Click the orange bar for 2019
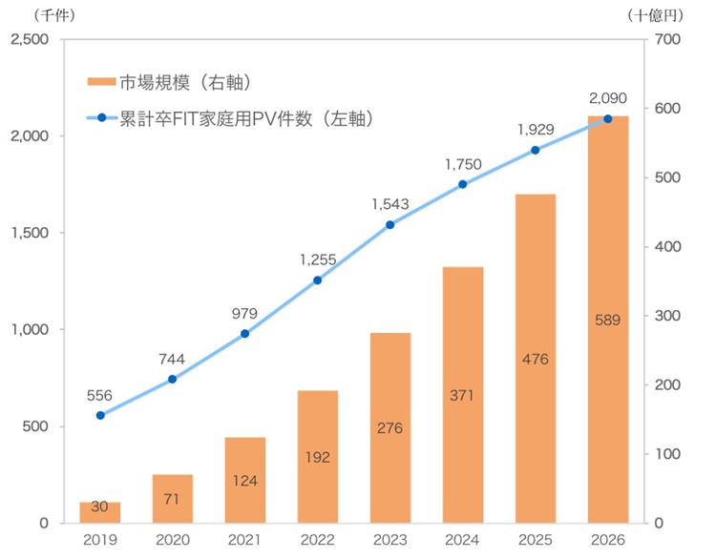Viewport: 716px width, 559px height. tap(100, 512)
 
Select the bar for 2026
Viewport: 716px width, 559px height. tap(608, 320)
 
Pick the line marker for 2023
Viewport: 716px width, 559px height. tap(390, 225)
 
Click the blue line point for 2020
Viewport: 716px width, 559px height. tap(173, 380)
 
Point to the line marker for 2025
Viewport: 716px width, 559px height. tap(536, 150)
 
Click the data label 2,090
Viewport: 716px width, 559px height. tap(607, 97)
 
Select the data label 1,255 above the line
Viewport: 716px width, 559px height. tap(317, 259)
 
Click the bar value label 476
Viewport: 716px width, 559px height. tap(536, 360)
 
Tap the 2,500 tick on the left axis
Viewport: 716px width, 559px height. tap(31, 39)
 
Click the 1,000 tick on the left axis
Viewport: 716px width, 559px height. tap(31, 329)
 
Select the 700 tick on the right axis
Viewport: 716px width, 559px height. tap(667, 39)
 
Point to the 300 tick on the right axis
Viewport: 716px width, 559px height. tap(667, 316)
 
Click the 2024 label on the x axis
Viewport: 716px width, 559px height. tap(463, 541)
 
